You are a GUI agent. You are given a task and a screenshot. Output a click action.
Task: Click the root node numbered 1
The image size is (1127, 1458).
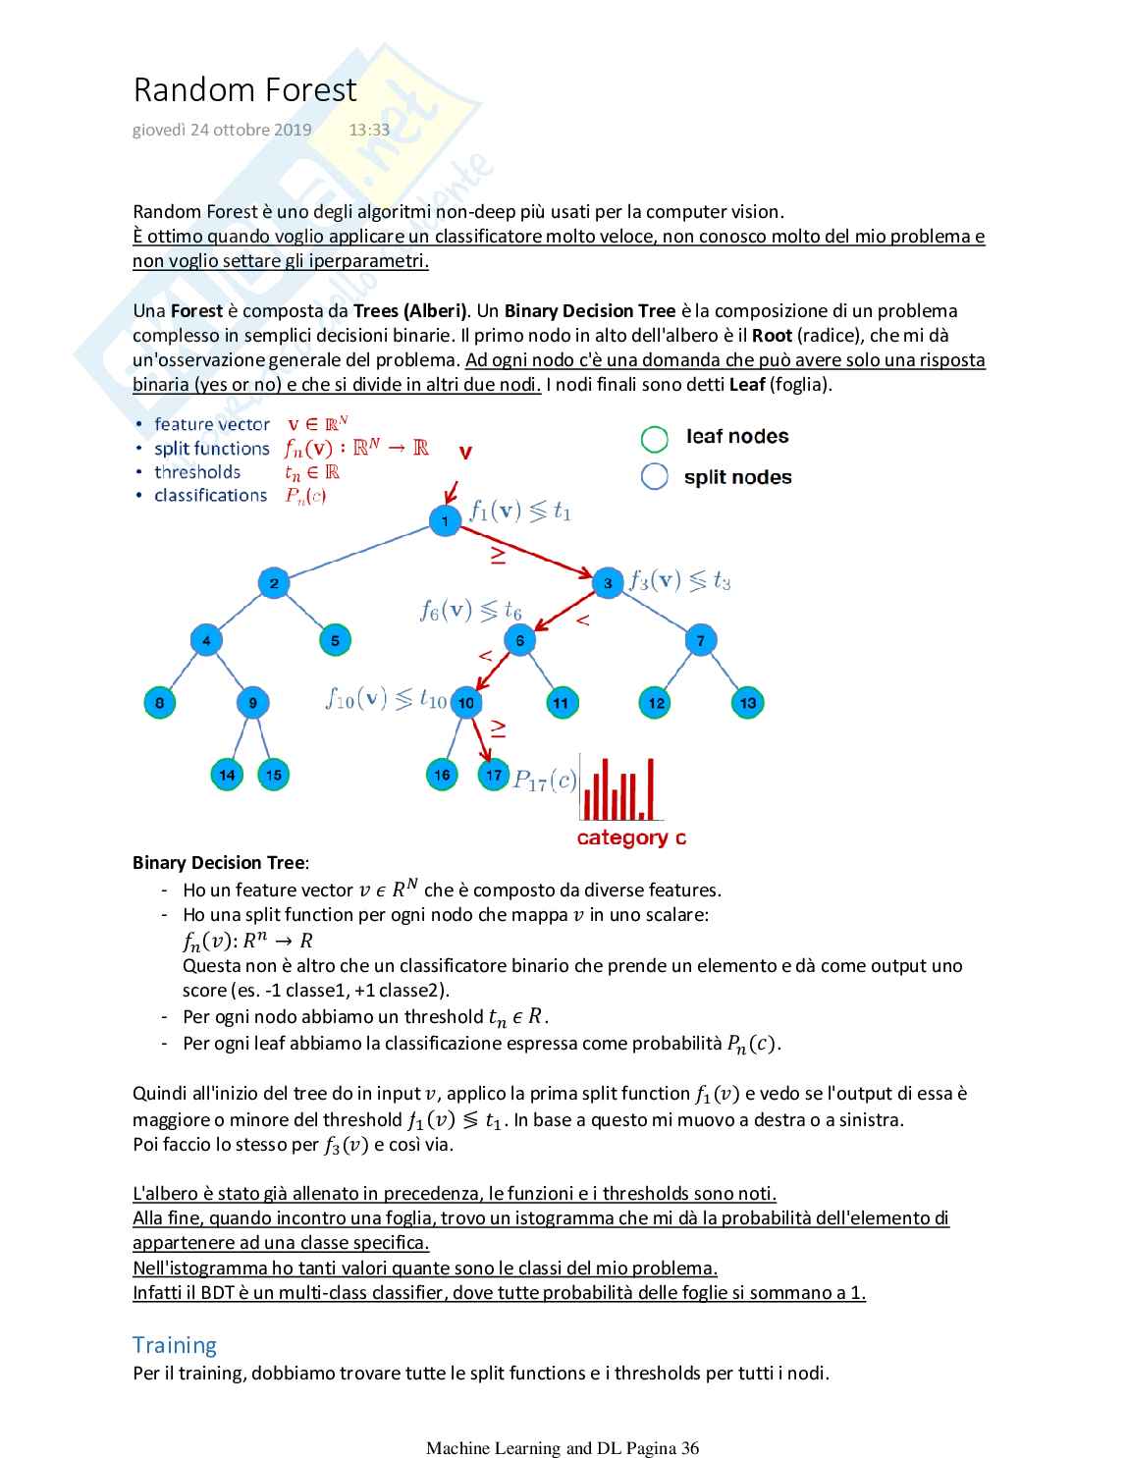click(x=445, y=520)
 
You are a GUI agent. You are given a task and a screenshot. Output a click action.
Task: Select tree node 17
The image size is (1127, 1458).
click(x=493, y=775)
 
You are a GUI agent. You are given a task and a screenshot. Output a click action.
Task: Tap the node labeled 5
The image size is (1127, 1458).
click(x=335, y=640)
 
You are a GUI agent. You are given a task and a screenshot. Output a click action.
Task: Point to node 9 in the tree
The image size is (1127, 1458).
click(x=252, y=702)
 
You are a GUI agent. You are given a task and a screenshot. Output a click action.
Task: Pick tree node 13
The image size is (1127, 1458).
click(x=747, y=702)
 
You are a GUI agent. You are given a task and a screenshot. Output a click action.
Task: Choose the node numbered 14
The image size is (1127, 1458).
click(x=227, y=775)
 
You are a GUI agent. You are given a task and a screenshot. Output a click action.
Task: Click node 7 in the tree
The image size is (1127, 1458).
click(x=700, y=640)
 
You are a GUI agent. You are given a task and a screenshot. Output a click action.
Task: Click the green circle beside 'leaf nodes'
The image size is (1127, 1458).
click(x=654, y=438)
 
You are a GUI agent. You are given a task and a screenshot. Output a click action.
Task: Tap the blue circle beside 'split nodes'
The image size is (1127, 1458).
click(x=654, y=476)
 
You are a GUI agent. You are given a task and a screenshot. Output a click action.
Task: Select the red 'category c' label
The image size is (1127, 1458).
click(x=631, y=837)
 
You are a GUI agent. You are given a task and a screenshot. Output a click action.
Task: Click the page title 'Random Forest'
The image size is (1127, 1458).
click(x=244, y=89)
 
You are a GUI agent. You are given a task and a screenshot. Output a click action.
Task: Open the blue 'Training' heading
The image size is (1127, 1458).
click(x=175, y=1344)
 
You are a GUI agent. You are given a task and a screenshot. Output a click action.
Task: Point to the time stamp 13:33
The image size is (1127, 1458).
click(x=369, y=130)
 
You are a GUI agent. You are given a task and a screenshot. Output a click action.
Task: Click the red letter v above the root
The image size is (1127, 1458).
click(x=465, y=453)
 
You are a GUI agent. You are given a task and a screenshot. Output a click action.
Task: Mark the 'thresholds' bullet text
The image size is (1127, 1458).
click(x=197, y=471)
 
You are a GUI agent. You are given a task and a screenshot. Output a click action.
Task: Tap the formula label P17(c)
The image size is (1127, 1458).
click(x=545, y=781)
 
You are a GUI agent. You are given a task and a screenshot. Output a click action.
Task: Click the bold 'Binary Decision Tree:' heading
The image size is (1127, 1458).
click(x=221, y=863)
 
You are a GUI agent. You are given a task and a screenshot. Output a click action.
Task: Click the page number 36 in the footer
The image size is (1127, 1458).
click(x=689, y=1447)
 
